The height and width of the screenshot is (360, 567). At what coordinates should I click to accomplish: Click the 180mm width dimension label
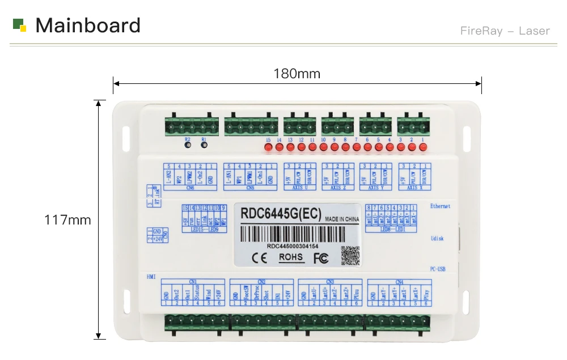click(x=297, y=74)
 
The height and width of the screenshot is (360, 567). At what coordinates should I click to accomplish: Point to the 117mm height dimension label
click(x=67, y=220)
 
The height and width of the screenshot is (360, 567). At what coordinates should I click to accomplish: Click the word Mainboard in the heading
click(x=88, y=26)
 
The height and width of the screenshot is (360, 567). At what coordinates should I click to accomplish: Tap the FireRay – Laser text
click(x=505, y=31)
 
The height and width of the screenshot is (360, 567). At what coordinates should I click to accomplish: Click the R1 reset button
click(x=205, y=145)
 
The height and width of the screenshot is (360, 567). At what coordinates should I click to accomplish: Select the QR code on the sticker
click(x=350, y=256)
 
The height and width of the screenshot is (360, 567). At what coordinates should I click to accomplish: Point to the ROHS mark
click(x=291, y=257)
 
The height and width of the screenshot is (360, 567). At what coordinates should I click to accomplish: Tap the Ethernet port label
click(x=440, y=206)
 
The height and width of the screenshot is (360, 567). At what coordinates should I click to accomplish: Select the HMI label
click(x=151, y=276)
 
